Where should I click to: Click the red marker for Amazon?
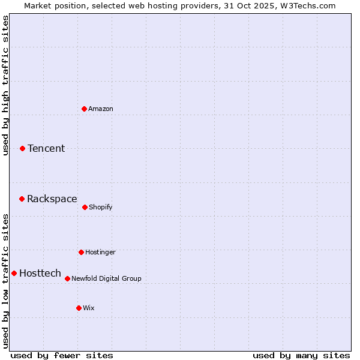85,109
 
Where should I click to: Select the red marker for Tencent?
23,148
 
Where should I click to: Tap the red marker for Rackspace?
22,199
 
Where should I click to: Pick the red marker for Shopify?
85,207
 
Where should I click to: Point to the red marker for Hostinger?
81,252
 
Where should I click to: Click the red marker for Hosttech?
14,273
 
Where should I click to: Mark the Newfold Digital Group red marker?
67,278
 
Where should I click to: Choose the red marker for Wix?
79,308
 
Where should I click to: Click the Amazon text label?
101,109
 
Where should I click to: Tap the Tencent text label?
46,148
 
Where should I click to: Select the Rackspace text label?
52,199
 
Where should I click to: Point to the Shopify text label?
101,207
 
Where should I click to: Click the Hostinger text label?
100,252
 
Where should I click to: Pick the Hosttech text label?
40,273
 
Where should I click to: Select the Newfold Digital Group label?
106,278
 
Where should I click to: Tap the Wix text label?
89,308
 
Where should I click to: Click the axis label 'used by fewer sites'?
62,355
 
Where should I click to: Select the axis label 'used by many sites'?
301,355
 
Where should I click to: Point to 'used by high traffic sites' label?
5,85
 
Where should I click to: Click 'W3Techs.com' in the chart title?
305,5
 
